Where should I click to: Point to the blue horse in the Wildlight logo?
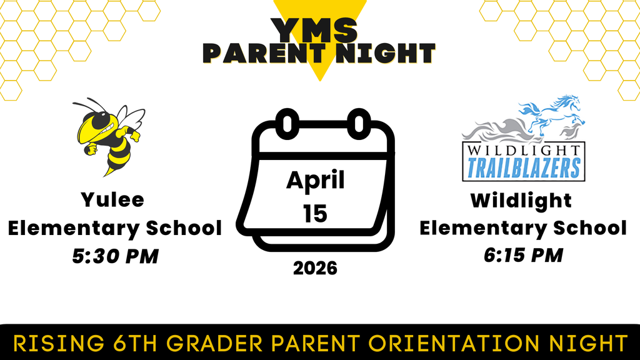[x=554, y=116]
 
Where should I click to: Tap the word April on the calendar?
[x=316, y=181]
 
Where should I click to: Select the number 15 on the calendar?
[x=315, y=214]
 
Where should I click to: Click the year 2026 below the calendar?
[x=315, y=268]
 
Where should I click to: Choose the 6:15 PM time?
[x=522, y=255]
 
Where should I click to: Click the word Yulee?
[x=112, y=200]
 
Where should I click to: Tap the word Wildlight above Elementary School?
[x=521, y=201]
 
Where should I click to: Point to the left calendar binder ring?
[x=287, y=122]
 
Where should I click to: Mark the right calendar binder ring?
[x=359, y=122]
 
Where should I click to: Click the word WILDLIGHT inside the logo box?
[x=523, y=151]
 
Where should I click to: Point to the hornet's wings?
[x=131, y=118]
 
